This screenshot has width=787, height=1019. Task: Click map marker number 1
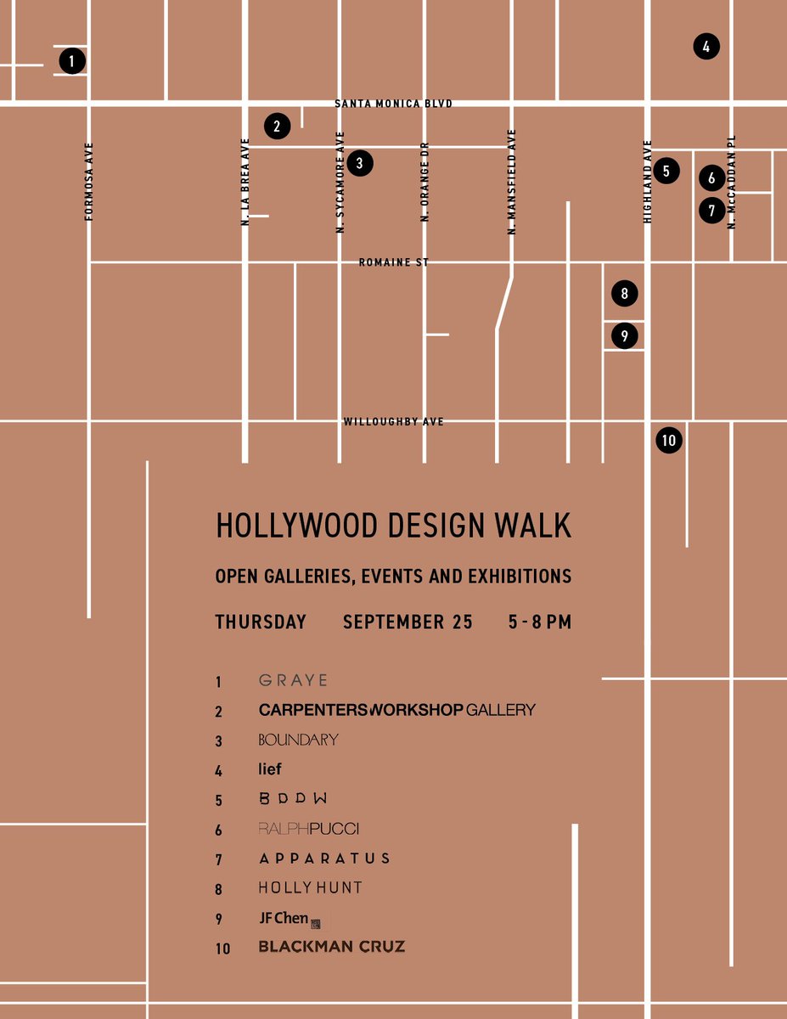coord(72,61)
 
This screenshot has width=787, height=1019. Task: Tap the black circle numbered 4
coord(706,47)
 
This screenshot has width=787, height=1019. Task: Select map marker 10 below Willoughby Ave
coord(669,440)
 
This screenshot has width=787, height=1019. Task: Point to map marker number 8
coord(624,294)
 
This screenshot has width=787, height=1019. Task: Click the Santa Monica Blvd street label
coord(393,104)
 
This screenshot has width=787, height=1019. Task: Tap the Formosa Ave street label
coord(89,182)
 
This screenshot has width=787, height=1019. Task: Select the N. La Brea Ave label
coord(245,181)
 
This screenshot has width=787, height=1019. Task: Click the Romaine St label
coord(393,263)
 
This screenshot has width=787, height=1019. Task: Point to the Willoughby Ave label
coord(393,421)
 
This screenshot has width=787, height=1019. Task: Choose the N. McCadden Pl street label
coord(731,182)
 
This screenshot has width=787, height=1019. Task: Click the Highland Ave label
coord(648,182)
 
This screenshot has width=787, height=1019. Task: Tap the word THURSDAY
coord(261,622)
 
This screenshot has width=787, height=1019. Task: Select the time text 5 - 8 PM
coord(540,622)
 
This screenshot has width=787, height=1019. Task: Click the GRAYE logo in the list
coord(293,681)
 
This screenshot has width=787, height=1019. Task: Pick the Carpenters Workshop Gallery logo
coord(396,710)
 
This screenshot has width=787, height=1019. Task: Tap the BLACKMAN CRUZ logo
coord(331,947)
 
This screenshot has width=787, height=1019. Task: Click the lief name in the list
coord(270,769)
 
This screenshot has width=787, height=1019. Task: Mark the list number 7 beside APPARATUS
coord(219,860)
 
